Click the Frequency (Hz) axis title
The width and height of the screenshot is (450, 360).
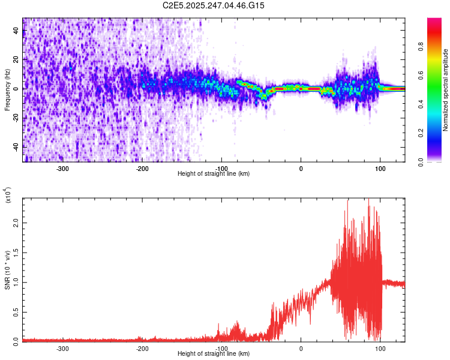(7, 89)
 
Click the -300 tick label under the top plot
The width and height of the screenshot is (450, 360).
(64, 169)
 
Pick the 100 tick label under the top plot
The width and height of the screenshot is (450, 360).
(380, 169)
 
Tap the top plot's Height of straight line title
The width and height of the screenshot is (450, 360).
(214, 174)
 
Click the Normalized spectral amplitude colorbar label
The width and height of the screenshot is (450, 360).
(446, 89)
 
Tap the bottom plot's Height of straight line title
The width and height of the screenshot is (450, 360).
(214, 354)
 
